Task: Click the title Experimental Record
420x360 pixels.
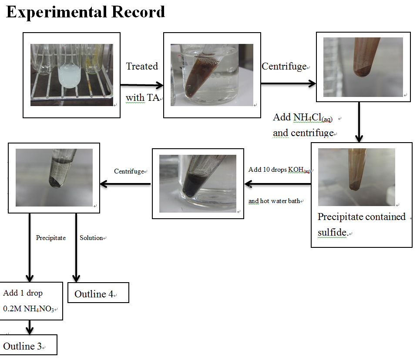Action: click(x=85, y=12)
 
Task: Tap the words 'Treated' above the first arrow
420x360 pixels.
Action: click(x=142, y=66)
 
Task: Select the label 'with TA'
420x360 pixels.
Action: click(x=143, y=98)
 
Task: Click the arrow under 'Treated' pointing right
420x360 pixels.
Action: click(x=142, y=85)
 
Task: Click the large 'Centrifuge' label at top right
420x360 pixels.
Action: click(x=284, y=67)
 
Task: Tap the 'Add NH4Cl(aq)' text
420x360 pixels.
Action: click(x=302, y=117)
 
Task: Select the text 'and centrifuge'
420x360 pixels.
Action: click(x=303, y=133)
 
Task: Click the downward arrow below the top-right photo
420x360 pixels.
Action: click(x=359, y=122)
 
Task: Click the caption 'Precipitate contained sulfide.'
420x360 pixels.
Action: click(x=362, y=224)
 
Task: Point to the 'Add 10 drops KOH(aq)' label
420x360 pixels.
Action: click(x=279, y=170)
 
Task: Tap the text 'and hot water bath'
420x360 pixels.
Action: click(x=274, y=201)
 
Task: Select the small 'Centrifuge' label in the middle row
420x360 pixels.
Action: click(x=129, y=171)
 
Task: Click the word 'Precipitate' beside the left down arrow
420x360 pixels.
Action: click(x=51, y=238)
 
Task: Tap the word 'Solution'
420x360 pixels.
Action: click(x=91, y=238)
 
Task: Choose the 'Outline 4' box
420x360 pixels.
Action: click(x=98, y=293)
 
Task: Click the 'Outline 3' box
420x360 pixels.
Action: click(x=28, y=345)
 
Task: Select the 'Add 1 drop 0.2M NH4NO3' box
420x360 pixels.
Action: click(x=31, y=301)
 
